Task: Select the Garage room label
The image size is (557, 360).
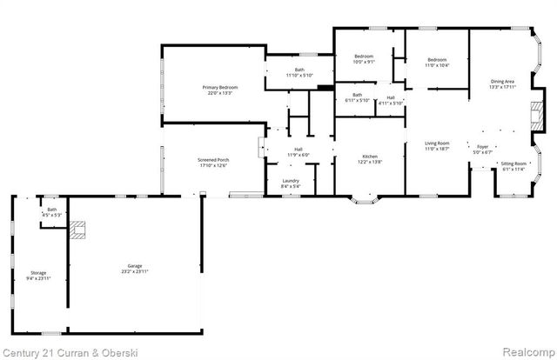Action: [134, 266]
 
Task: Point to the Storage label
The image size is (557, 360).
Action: [38, 273]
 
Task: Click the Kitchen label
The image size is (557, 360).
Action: [370, 157]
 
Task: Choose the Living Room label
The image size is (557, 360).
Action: [437, 143]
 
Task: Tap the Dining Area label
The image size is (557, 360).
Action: [503, 81]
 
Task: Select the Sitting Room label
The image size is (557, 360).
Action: [513, 163]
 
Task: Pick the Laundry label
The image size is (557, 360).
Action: [291, 180]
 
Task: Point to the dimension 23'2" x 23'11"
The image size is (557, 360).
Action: [134, 272]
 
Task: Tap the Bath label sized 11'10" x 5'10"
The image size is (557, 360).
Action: [299, 70]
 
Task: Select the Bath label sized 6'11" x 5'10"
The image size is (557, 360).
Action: [358, 95]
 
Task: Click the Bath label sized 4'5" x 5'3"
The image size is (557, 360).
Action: [51, 210]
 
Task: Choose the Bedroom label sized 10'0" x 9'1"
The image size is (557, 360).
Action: [363, 57]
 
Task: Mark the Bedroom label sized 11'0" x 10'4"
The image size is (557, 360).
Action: [436, 60]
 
